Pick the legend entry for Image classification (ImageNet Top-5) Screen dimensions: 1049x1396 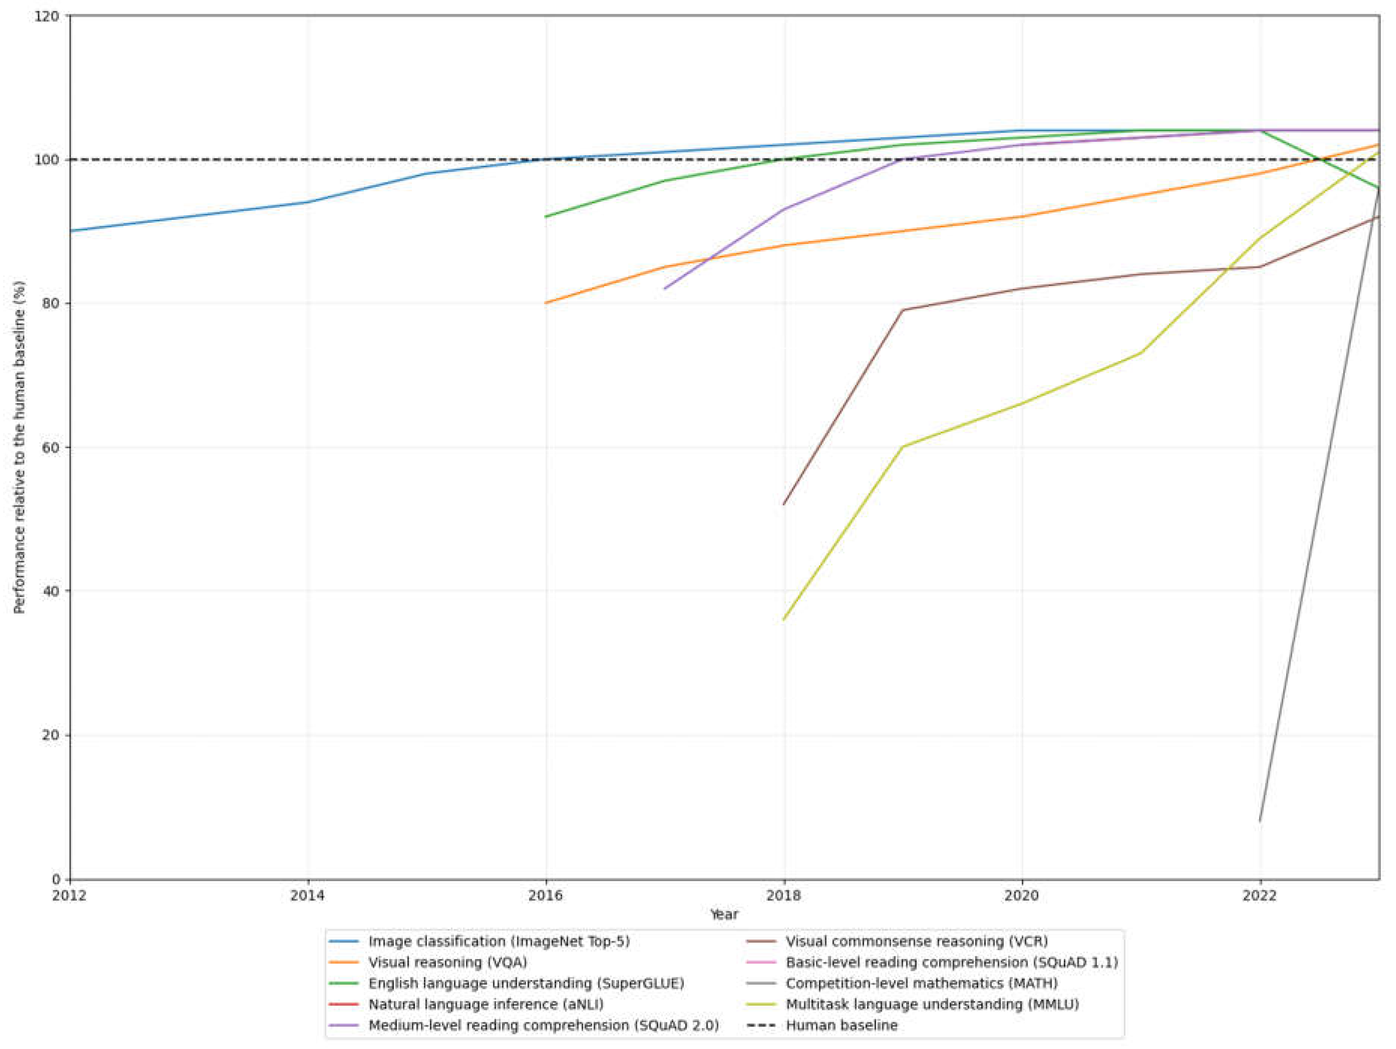[x=499, y=941]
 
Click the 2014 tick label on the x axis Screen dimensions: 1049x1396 [x=308, y=895]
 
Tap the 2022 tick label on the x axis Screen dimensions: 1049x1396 [x=1260, y=895]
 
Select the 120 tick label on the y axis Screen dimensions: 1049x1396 [x=47, y=16]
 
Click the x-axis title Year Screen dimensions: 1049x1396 [x=724, y=914]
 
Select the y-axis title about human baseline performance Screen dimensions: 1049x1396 [x=20, y=447]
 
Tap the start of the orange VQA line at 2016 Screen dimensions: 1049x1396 [x=546, y=303]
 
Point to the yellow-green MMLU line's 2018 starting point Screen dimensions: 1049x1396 [x=784, y=619]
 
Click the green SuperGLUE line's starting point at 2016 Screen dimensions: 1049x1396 [x=546, y=217]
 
